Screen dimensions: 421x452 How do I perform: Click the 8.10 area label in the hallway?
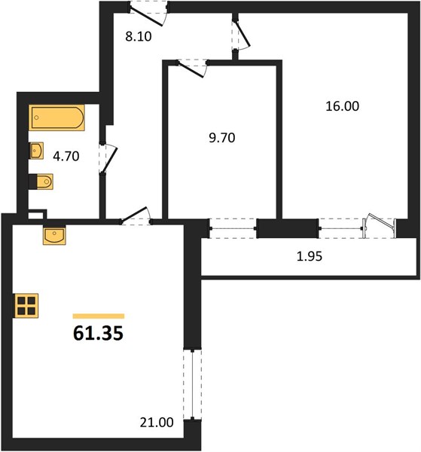[139, 37]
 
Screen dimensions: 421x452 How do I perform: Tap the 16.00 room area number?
[343, 106]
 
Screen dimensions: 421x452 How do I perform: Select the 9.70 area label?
[222, 138]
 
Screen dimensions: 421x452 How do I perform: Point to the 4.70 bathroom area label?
[66, 156]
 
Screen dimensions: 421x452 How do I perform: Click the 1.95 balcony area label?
[310, 256]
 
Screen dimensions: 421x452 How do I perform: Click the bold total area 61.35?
[98, 334]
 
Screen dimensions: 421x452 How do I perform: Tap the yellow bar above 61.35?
[99, 316]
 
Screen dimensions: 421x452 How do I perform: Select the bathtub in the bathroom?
[56, 118]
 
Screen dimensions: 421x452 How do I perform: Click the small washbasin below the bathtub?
[37, 151]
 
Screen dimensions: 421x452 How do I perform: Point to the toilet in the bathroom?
[41, 182]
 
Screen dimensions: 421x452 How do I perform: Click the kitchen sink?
[54, 235]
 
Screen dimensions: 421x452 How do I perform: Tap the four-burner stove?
[26, 306]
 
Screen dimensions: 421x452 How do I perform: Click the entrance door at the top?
[148, 14]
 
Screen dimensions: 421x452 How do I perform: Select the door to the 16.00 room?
[240, 35]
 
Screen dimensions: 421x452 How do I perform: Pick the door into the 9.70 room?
[193, 68]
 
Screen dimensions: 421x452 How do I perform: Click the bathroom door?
[108, 158]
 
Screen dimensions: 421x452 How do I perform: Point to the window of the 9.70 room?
[233, 228]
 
